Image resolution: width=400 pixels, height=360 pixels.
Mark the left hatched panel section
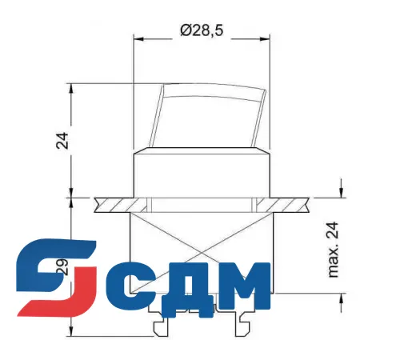112,204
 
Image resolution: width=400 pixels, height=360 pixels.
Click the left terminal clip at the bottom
162,326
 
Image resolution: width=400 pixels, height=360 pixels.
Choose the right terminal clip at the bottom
243,326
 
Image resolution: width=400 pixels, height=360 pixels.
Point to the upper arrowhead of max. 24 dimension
342,192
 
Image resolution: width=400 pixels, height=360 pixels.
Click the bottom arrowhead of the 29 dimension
73,331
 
